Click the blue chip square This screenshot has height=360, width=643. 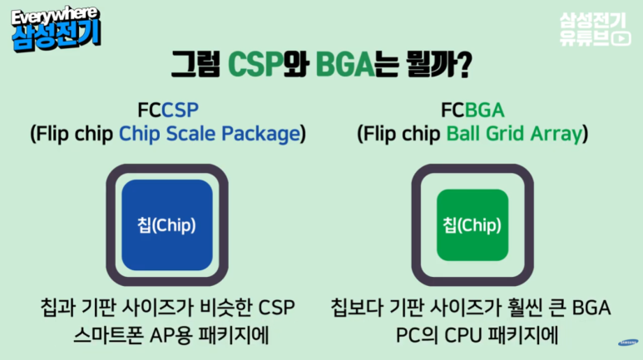point(167,224)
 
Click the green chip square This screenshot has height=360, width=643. point(472,224)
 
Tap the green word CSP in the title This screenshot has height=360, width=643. point(255,64)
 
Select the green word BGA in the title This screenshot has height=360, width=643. point(345,64)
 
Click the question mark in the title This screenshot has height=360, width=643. point(463,65)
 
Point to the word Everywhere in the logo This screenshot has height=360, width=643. point(54,17)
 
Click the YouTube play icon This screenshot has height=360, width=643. point(621,38)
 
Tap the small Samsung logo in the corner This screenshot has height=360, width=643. point(628,343)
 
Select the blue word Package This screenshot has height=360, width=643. point(261,135)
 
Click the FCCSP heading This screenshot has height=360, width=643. point(168,110)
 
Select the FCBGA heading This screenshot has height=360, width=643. point(472,110)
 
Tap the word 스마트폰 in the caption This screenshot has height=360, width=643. point(109,335)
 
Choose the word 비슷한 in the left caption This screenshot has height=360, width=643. point(225,308)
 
